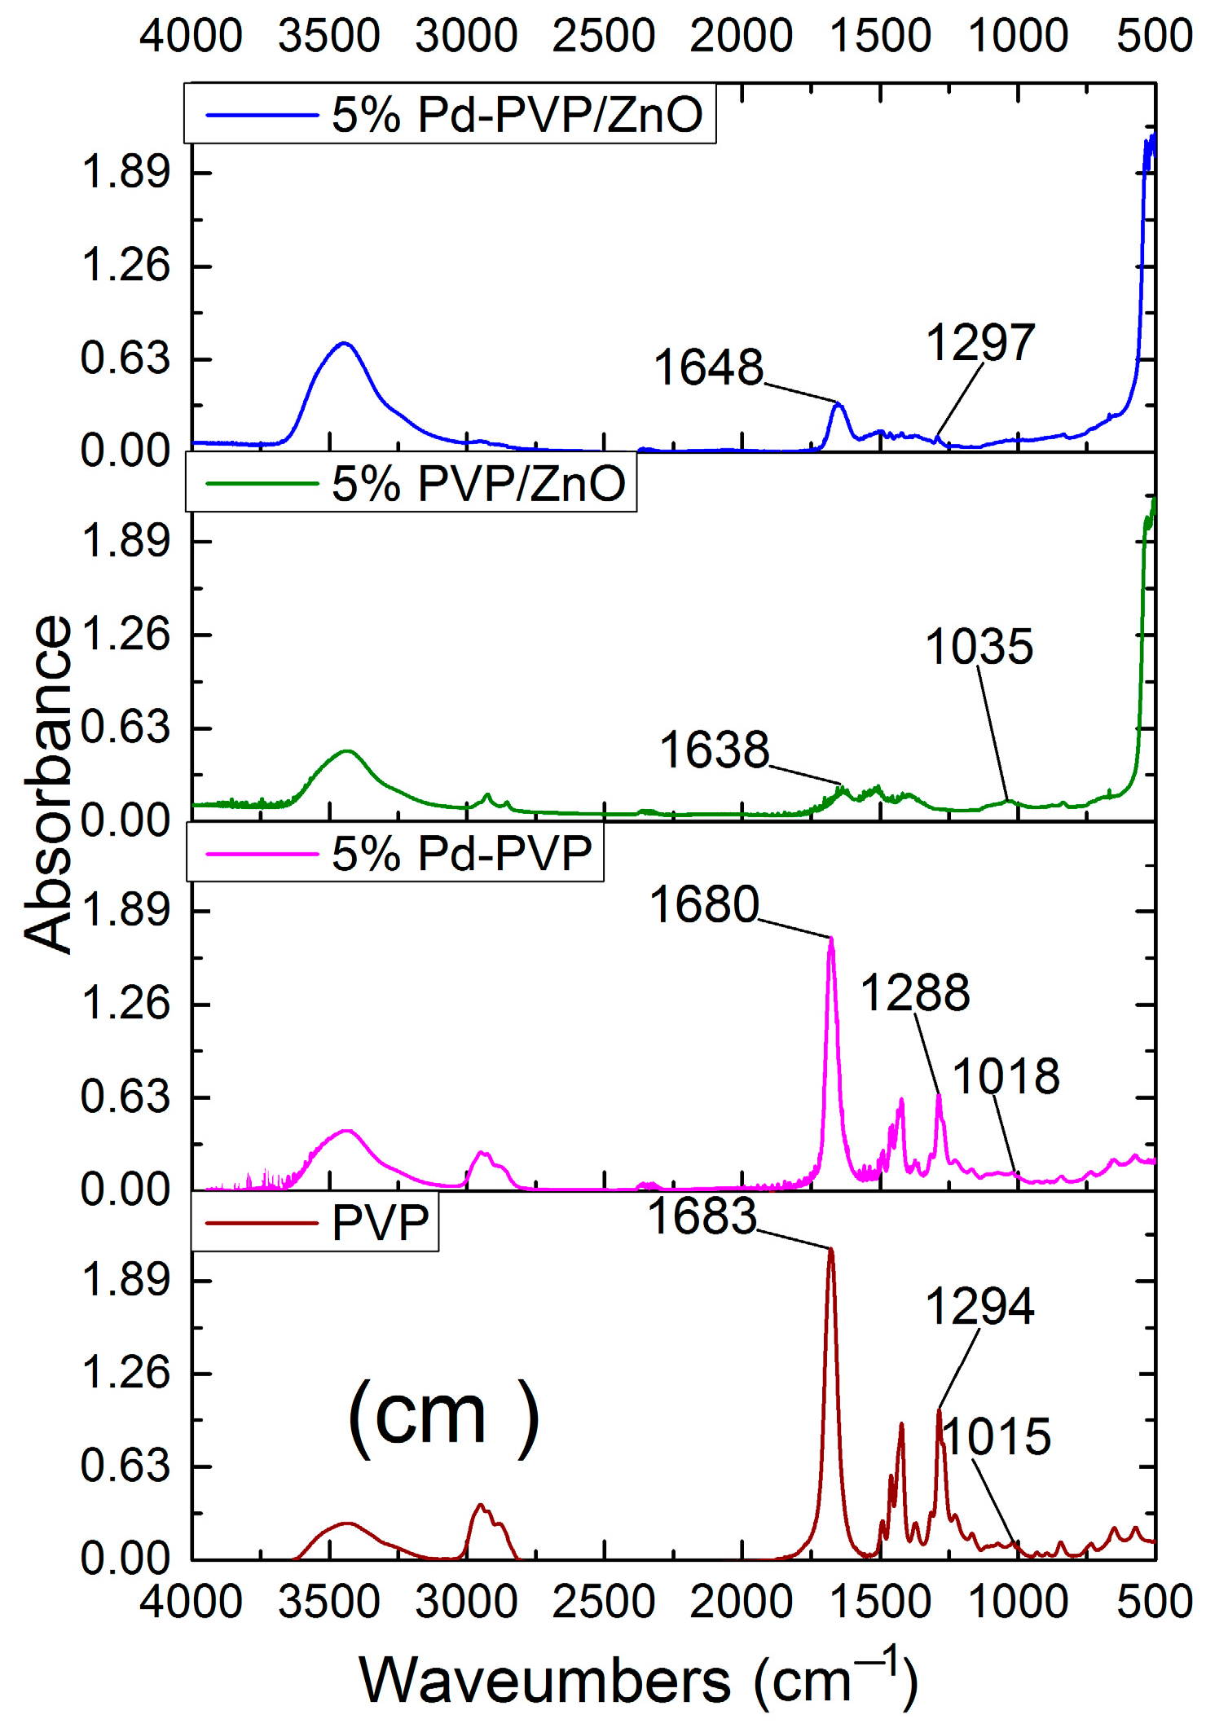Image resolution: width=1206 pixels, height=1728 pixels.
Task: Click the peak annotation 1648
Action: pos(708,367)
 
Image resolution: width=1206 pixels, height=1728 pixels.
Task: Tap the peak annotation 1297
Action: pos(980,342)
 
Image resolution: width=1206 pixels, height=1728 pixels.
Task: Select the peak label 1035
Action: pos(979,647)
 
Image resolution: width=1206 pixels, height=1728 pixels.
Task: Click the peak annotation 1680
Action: pos(704,904)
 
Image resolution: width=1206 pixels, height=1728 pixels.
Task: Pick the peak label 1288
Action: pos(915,993)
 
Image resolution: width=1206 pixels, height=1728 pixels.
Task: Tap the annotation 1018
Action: pos(1006,1076)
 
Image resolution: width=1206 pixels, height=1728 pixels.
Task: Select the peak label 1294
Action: pos(979,1306)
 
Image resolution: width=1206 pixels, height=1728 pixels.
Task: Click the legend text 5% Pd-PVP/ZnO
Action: pos(517,114)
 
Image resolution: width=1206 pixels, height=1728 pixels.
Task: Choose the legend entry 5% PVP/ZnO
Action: pos(478,483)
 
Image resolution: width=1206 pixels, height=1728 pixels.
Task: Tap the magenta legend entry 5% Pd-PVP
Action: pos(461,853)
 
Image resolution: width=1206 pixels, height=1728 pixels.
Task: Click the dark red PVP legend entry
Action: pos(380,1222)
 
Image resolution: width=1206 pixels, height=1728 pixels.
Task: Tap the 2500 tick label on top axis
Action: pos(603,37)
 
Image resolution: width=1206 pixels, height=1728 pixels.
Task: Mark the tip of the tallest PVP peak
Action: pos(831,1250)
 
